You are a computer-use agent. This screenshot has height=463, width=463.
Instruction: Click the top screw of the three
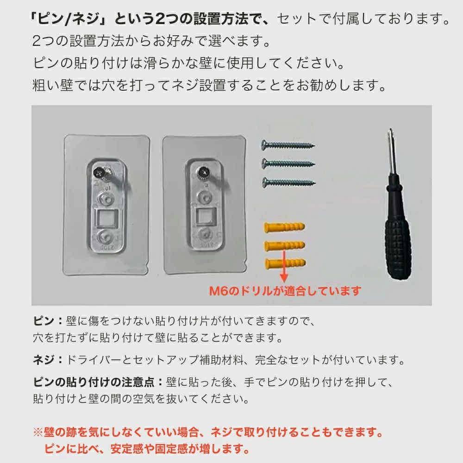(x=288, y=145)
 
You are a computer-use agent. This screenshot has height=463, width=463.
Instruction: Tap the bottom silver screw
(x=289, y=182)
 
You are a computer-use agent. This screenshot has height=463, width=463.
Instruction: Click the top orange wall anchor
(x=284, y=227)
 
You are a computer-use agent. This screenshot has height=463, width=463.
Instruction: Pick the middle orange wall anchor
(x=285, y=245)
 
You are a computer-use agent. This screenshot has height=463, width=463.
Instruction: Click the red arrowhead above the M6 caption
(x=284, y=277)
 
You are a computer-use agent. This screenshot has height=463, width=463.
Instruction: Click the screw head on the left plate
(x=99, y=171)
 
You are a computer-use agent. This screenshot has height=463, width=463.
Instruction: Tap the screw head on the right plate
(x=203, y=171)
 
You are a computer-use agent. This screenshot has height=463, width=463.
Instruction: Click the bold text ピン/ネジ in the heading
(x=69, y=19)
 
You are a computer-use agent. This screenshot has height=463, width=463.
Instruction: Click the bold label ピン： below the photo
(x=48, y=321)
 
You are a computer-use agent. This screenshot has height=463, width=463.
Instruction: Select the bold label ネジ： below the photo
(x=48, y=360)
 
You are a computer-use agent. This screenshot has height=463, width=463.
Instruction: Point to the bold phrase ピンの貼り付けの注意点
(x=94, y=382)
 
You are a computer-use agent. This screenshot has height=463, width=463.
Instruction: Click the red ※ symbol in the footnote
(x=38, y=432)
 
